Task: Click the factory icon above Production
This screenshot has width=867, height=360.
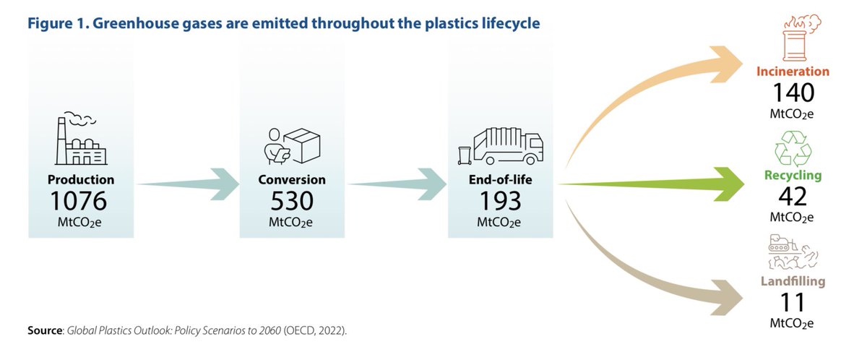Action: coord(81,140)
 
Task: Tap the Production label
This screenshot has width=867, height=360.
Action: coord(81,179)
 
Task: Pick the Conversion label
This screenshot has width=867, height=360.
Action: coord(292,179)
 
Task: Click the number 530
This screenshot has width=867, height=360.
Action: coord(292,200)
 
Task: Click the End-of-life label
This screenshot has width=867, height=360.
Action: coord(501,179)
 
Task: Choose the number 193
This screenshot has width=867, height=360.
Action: coord(501,200)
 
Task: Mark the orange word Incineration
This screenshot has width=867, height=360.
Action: coord(793,72)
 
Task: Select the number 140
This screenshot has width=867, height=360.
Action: coord(793,93)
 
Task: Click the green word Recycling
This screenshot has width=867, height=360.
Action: coord(793,176)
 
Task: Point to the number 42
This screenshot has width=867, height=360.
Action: coord(793,197)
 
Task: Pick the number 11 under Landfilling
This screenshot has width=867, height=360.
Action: coord(793,301)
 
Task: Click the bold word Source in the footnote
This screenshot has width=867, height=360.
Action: coord(46,330)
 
